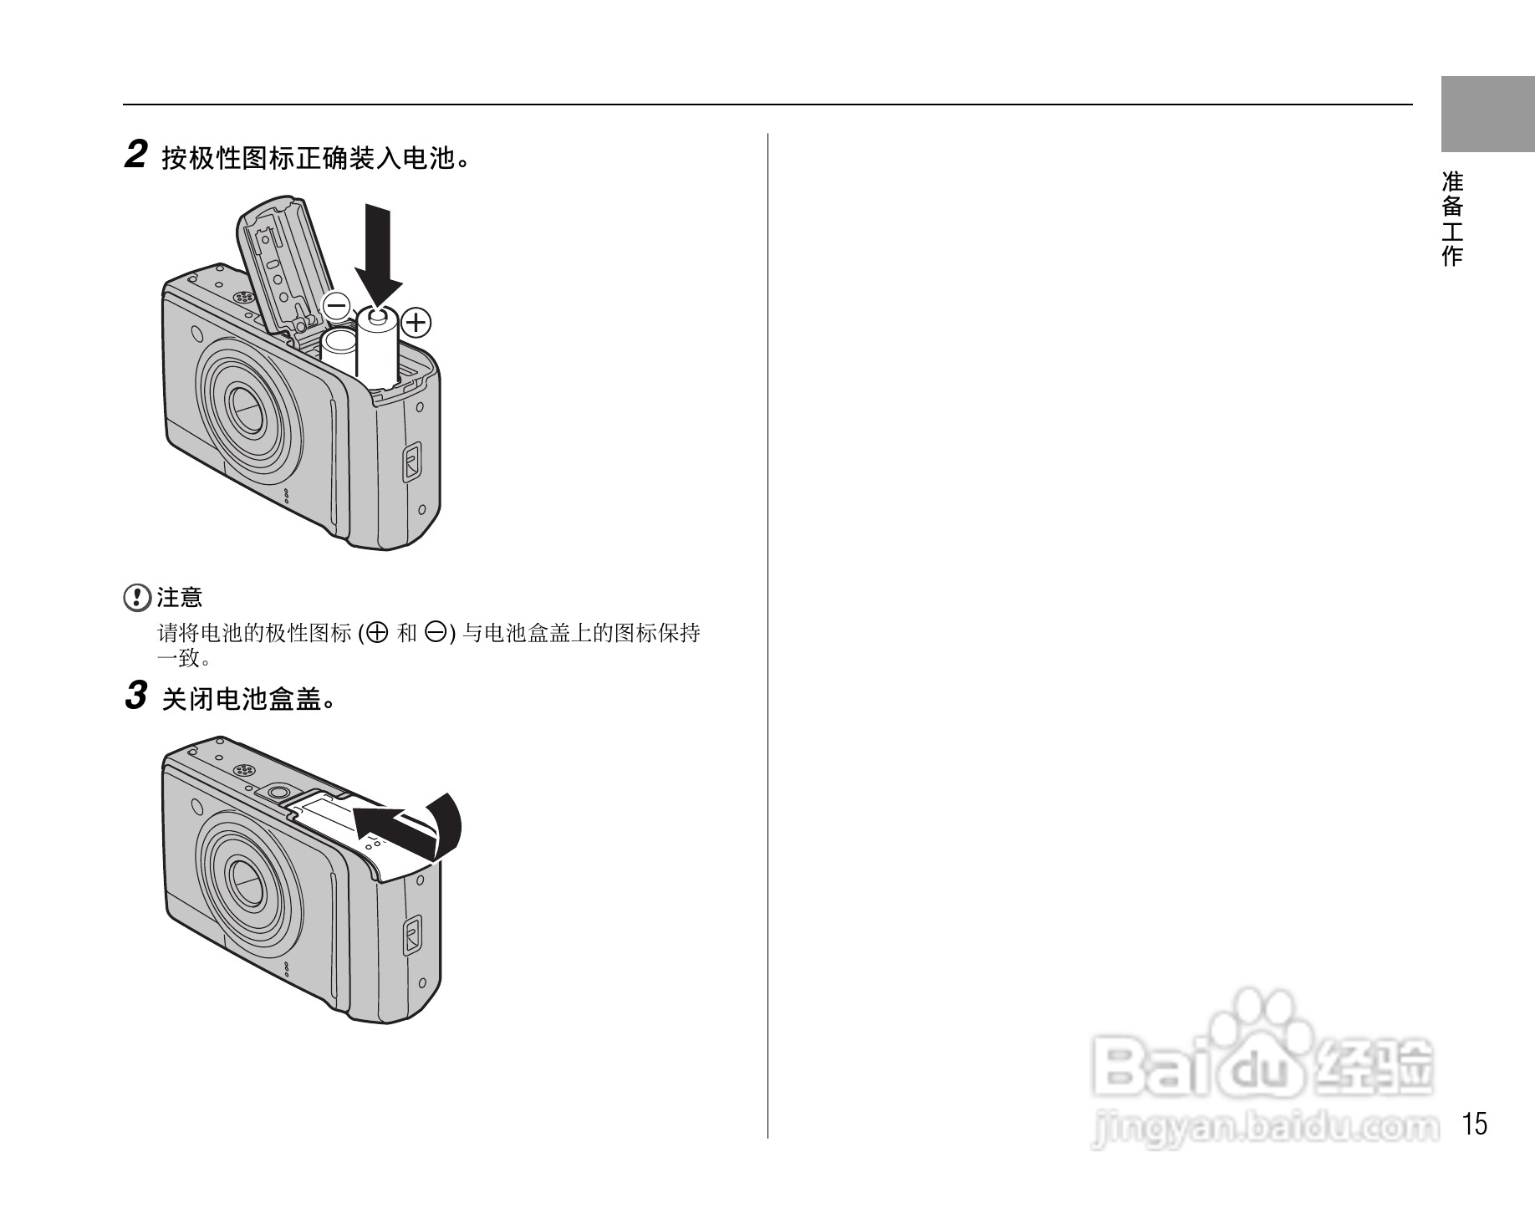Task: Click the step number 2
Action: tap(135, 156)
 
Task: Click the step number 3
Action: tap(135, 696)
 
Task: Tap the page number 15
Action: tap(1476, 1125)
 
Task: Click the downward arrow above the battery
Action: tap(378, 255)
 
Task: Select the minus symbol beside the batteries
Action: tap(337, 306)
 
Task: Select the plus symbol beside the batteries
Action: tap(416, 322)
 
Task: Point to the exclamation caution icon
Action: tap(134, 598)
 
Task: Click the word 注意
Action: tap(180, 598)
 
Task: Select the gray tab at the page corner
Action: tap(1487, 114)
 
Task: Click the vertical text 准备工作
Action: tap(1453, 218)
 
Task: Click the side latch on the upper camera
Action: tap(411, 462)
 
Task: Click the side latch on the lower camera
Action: tap(411, 935)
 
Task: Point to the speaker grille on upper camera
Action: tap(242, 297)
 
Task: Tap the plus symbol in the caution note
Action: tap(378, 633)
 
